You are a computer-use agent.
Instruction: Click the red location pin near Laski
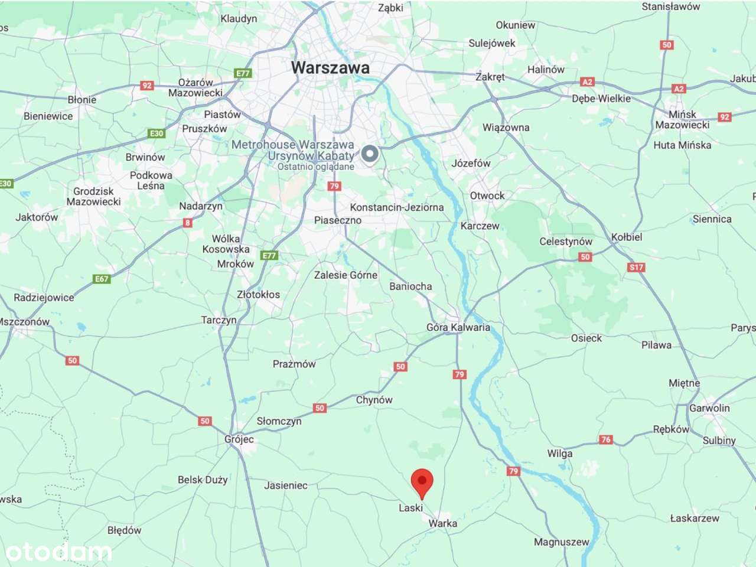[422, 482]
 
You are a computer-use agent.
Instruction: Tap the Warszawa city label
[330, 68]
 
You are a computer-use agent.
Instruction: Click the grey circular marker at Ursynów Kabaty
[370, 154]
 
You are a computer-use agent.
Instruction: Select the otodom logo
[58, 552]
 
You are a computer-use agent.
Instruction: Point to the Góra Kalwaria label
[458, 327]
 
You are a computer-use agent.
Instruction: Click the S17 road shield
[636, 267]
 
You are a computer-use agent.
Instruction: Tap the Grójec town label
[239, 439]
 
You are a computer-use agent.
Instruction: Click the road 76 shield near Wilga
[605, 439]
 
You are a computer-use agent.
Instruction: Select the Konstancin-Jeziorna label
[397, 207]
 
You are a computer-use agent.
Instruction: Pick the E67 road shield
[102, 279]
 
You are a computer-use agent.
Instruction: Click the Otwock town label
[487, 195]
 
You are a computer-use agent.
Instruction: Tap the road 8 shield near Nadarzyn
[187, 223]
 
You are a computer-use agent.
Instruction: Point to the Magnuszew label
[561, 542]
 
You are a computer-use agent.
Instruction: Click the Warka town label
[443, 523]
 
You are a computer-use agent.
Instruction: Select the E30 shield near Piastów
[156, 133]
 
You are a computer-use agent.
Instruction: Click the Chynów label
[374, 400]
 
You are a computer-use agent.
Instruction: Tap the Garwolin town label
[709, 408]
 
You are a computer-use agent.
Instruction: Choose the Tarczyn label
[219, 320]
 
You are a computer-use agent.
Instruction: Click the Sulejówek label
[491, 43]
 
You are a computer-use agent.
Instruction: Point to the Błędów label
[125, 530]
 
